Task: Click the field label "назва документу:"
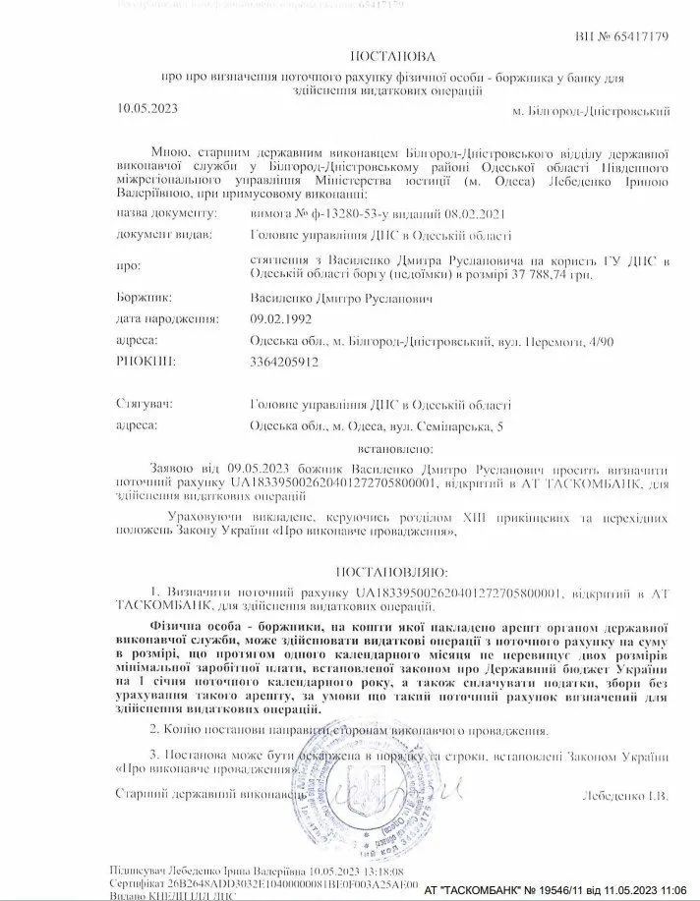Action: point(164,211)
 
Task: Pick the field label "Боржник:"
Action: point(145,296)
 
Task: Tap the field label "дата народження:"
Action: point(163,319)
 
